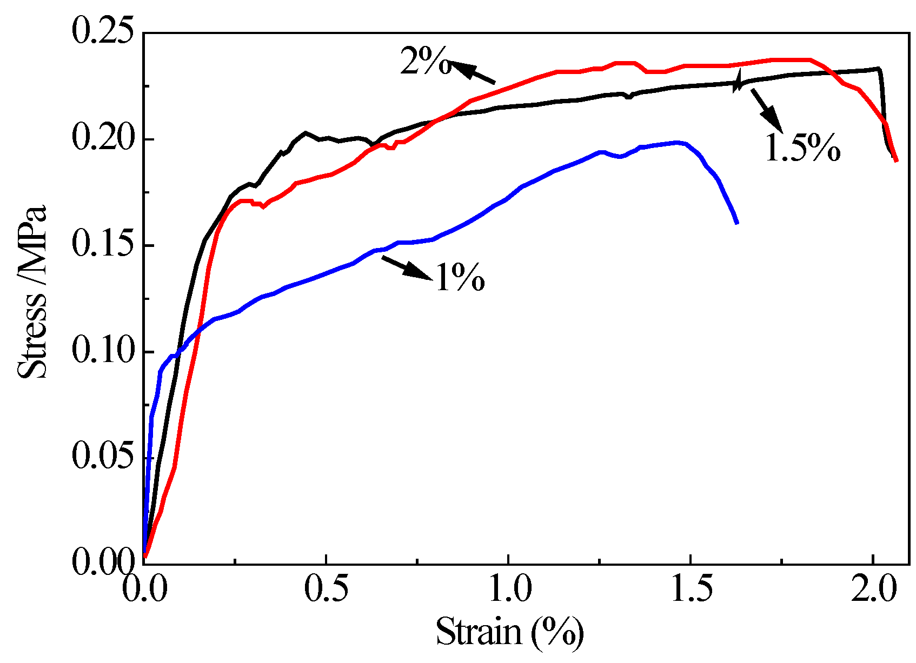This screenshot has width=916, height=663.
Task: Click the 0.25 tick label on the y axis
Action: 102,33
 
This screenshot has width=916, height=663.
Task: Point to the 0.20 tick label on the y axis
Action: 102,139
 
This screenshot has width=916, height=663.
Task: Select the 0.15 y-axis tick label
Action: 102,245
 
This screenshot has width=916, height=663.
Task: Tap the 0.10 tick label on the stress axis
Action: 102,351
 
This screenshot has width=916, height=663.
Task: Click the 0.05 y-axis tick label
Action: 102,457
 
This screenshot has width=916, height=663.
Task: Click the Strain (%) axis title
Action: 509,631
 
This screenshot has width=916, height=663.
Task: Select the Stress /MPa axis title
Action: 32,292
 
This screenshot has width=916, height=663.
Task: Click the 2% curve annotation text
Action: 425,61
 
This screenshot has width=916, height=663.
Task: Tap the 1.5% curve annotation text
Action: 802,148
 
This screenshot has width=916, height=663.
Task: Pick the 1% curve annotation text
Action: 460,278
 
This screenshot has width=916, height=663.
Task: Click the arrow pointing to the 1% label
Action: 407,268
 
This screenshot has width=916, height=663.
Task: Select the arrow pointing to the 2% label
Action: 472,72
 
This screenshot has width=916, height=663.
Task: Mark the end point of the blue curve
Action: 736,223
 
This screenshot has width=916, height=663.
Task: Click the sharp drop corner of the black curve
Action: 879,69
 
